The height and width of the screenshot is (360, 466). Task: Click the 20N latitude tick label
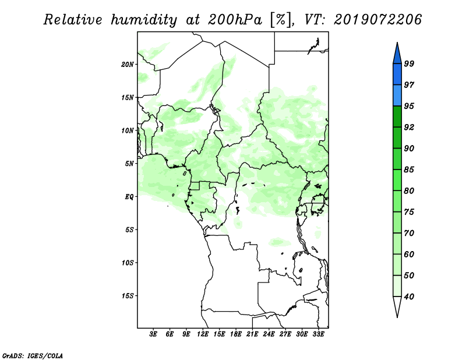pos(128,65)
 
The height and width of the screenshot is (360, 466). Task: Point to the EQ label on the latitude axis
pos(129,197)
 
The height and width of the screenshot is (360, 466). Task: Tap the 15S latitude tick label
pos(128,296)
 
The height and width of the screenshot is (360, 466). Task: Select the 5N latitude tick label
pos(129,164)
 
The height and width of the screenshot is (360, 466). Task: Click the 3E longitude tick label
pos(153,334)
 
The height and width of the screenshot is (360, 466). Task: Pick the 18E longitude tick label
pos(236,334)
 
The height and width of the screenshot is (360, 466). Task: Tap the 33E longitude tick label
pos(318,334)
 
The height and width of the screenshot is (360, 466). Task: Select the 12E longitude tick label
pos(203,334)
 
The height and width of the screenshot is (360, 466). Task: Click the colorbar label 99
pos(409,63)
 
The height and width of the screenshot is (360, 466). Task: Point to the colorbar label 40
pos(409,297)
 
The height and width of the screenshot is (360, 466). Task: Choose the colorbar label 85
pos(409,170)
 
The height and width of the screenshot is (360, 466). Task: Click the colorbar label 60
pos(409,254)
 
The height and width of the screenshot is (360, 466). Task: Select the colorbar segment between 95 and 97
pos(397,96)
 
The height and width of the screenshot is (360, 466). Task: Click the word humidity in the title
pos(144,20)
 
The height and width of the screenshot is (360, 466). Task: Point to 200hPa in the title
pos(235,20)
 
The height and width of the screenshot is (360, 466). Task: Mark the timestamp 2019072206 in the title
pos(377,20)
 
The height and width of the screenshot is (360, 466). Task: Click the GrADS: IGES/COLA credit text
pos(33,355)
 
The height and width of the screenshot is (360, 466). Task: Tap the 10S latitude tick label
pos(128,263)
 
